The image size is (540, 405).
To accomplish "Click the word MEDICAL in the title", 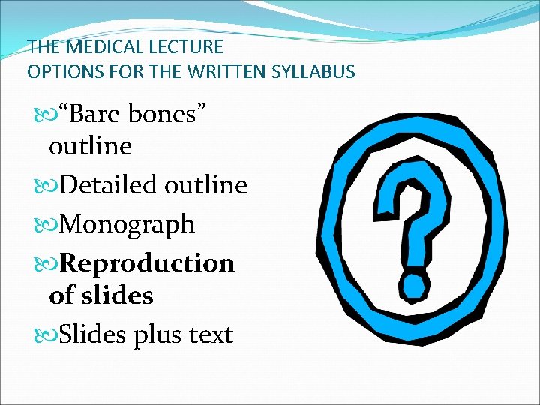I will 92,47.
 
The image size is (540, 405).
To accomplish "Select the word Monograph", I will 127,223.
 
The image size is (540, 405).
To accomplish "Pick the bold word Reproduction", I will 147,262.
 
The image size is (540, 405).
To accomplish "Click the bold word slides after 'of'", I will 121,295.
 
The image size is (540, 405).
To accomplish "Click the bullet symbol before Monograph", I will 48,223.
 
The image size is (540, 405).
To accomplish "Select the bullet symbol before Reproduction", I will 48,263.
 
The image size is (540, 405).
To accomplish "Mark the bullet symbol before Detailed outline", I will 48,184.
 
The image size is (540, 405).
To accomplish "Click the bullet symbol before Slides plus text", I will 48,334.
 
